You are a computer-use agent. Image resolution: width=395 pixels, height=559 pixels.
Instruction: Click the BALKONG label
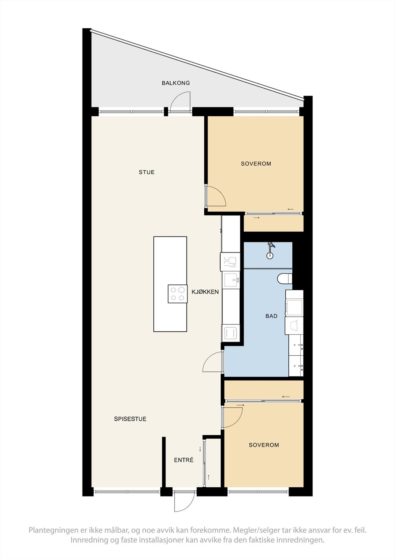click(176, 83)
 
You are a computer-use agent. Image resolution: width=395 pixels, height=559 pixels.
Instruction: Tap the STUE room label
click(147, 172)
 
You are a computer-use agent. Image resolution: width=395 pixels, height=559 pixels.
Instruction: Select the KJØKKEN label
click(205, 292)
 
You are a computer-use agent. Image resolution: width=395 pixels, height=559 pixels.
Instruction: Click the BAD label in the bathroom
click(271, 316)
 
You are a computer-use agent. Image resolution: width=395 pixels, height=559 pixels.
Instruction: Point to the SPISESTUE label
click(130, 419)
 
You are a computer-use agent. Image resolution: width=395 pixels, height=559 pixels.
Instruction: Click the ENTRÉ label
click(184, 460)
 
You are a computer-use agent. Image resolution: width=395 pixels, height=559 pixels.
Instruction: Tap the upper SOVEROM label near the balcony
click(256, 164)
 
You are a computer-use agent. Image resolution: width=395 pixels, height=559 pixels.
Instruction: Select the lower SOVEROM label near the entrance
click(264, 445)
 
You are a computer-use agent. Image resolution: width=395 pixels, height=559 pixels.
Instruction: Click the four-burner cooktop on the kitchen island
click(177, 293)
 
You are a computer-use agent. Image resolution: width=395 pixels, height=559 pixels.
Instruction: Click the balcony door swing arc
click(181, 101)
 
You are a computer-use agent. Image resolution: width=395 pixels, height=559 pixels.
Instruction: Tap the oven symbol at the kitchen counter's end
click(231, 333)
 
